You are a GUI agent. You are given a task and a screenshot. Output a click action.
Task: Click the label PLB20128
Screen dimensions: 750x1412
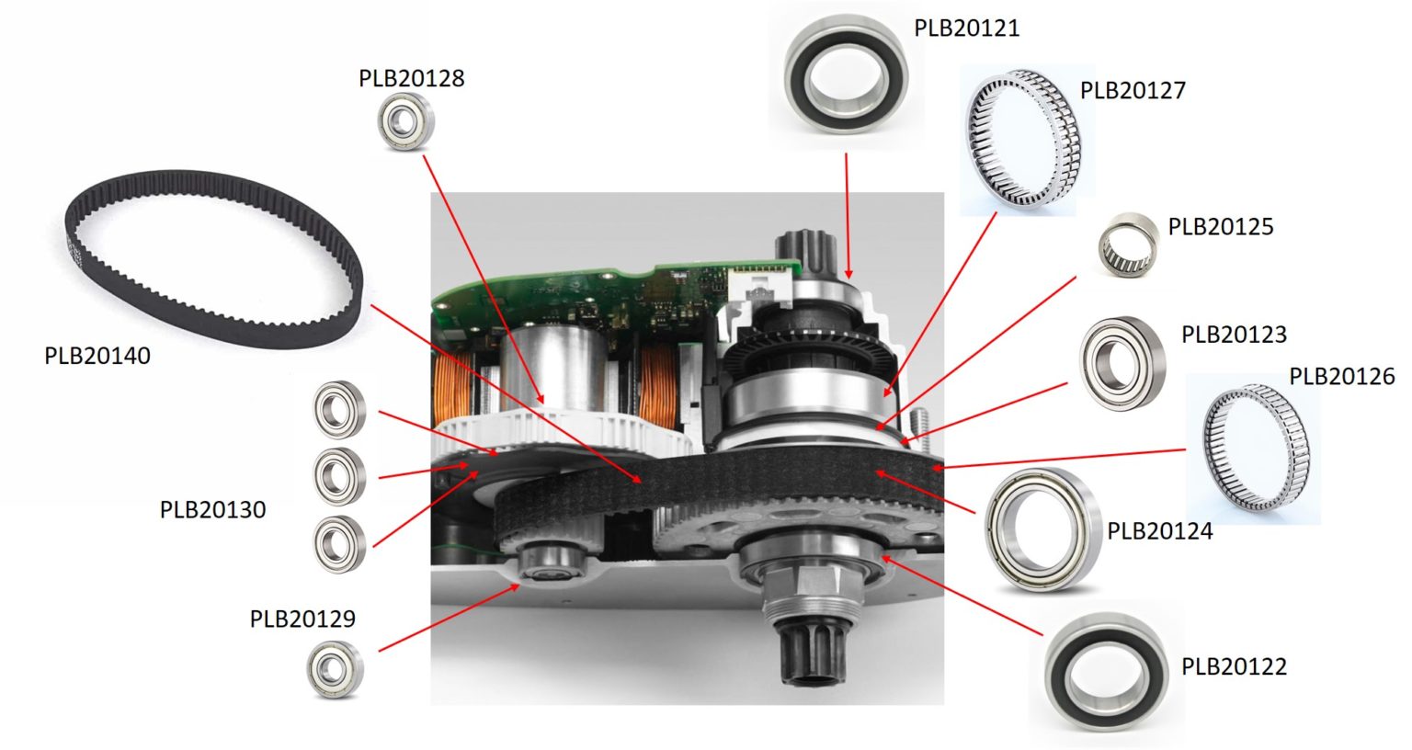pyautogui.click(x=411, y=78)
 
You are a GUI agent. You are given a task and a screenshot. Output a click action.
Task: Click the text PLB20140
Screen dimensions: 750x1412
pyautogui.click(x=97, y=356)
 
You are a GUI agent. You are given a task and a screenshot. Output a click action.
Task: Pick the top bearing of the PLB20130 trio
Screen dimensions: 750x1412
pyautogui.click(x=339, y=410)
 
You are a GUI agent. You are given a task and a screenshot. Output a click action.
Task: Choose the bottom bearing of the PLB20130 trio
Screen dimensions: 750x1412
pyautogui.click(x=339, y=542)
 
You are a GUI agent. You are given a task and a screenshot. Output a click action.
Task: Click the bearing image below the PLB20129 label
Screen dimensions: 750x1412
pyautogui.click(x=335, y=669)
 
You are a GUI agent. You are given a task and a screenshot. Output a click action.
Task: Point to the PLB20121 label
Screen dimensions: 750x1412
pyautogui.click(x=966, y=28)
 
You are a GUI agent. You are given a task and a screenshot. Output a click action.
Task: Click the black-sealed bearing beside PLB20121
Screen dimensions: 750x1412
pyautogui.click(x=846, y=74)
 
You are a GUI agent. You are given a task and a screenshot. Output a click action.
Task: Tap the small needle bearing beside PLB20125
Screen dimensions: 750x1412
pyautogui.click(x=1127, y=244)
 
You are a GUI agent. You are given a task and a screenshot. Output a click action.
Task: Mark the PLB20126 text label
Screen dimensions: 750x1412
pyautogui.click(x=1341, y=376)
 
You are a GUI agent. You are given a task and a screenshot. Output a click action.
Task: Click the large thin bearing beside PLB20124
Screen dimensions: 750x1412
pyautogui.click(x=1042, y=531)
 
